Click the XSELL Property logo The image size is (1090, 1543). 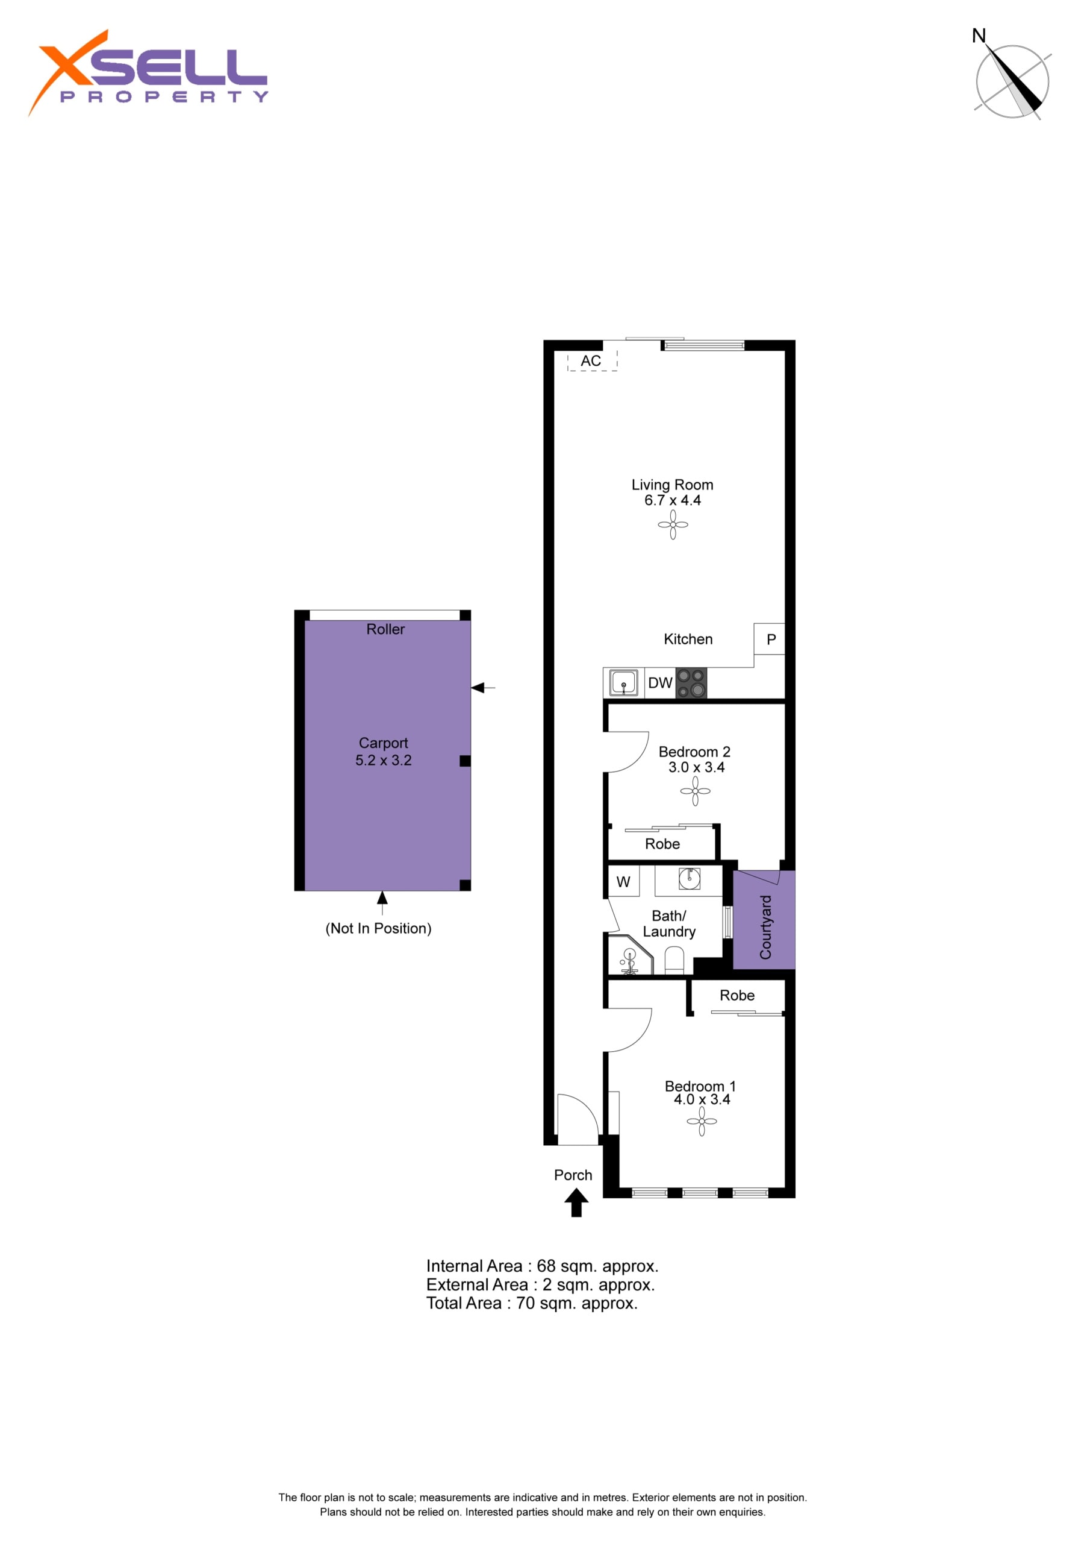click(x=148, y=72)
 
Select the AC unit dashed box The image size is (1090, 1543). click(x=592, y=361)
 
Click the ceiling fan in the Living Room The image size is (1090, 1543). click(x=673, y=525)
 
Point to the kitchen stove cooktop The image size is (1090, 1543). click(x=691, y=683)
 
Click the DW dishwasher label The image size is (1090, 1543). click(x=660, y=683)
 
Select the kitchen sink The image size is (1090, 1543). click(x=623, y=684)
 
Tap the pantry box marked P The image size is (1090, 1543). click(x=769, y=639)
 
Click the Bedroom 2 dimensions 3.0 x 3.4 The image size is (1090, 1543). click(x=696, y=767)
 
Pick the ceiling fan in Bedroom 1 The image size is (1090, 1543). click(x=702, y=1121)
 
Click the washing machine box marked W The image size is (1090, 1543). click(x=623, y=882)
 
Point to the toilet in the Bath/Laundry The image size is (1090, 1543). click(x=674, y=960)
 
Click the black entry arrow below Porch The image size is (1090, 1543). click(x=576, y=1203)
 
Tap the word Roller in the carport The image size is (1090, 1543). click(x=385, y=629)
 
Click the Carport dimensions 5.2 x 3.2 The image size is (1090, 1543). click(x=384, y=761)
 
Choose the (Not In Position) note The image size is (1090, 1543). click(x=379, y=929)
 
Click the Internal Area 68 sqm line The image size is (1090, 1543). click(x=543, y=1266)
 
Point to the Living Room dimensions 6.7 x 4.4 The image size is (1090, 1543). click(x=673, y=500)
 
